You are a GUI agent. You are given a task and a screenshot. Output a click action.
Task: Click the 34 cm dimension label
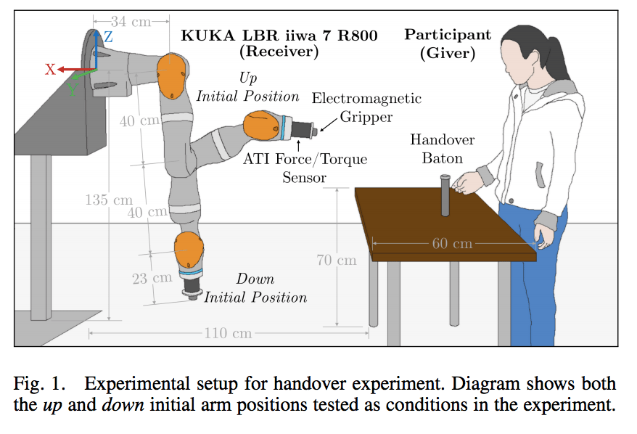click(x=131, y=21)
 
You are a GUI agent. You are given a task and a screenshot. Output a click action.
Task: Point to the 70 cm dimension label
click(x=337, y=259)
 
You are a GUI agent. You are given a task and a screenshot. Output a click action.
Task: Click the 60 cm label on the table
click(x=452, y=243)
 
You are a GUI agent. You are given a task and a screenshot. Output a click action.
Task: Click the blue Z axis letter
click(x=108, y=36)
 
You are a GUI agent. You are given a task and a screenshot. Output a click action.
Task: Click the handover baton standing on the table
click(x=445, y=195)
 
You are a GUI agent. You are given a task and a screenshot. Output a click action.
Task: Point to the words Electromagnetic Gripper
click(x=366, y=107)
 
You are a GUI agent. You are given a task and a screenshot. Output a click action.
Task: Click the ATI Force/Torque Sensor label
click(x=305, y=168)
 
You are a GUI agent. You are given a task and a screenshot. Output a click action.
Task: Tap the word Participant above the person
click(x=448, y=35)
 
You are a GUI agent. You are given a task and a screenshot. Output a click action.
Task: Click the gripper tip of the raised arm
click(x=317, y=131)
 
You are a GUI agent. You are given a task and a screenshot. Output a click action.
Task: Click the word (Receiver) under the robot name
click(x=279, y=52)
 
